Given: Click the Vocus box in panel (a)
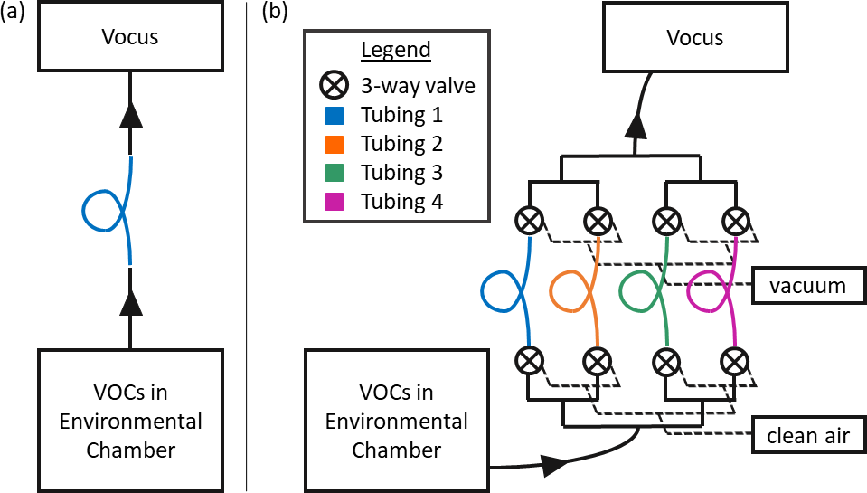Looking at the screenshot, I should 131,37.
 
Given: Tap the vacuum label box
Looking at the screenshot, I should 807,287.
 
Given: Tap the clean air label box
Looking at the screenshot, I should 807,437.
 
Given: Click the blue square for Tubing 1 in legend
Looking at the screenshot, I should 332,115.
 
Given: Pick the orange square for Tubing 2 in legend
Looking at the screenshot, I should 332,144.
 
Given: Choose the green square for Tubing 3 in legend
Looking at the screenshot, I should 332,173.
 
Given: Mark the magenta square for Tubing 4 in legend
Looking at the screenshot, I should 332,202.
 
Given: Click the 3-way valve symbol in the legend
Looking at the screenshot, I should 332,86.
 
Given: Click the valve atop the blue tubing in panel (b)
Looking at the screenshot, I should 528,220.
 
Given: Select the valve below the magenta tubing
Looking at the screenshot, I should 735,361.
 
